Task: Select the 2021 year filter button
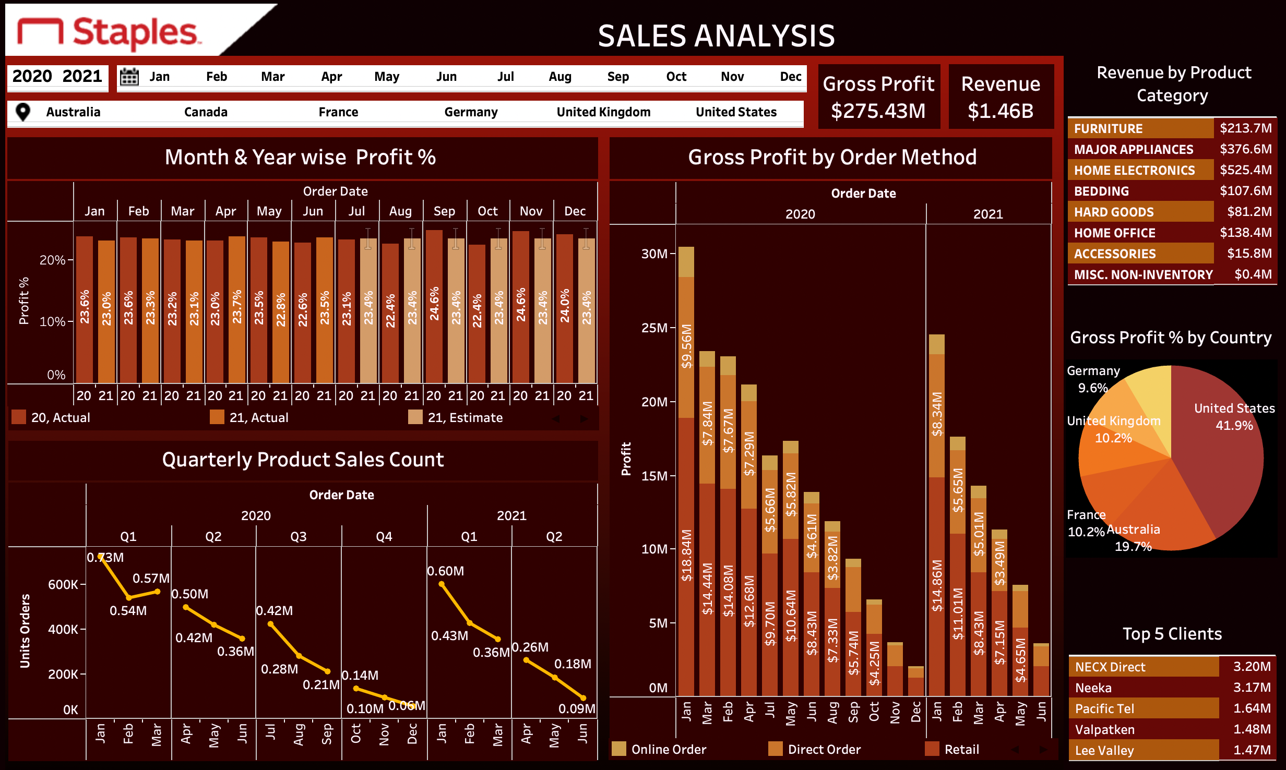click(82, 76)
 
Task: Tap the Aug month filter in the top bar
click(560, 77)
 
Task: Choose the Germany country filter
click(471, 112)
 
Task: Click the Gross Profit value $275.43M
click(878, 111)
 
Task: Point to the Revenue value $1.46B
click(1000, 111)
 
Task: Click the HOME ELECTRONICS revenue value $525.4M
click(1245, 170)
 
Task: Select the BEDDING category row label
click(1101, 191)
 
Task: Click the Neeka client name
click(1093, 688)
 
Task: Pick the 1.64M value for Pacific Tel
click(1252, 708)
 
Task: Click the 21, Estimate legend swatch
click(415, 417)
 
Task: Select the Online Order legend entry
click(668, 750)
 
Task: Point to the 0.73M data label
click(105, 558)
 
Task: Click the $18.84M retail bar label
click(686, 556)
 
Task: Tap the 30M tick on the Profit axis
click(654, 254)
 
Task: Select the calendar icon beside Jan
click(129, 77)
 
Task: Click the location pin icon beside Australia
click(23, 112)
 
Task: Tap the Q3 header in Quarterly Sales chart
click(299, 537)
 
